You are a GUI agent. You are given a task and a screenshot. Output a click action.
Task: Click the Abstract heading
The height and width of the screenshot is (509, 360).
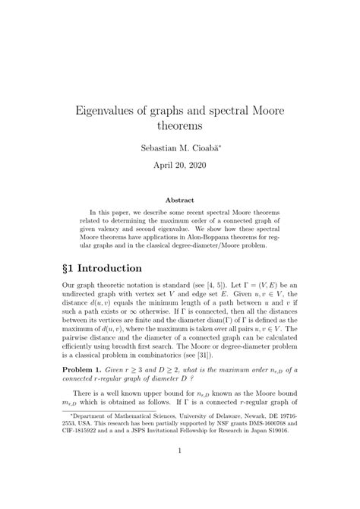(180, 200)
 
